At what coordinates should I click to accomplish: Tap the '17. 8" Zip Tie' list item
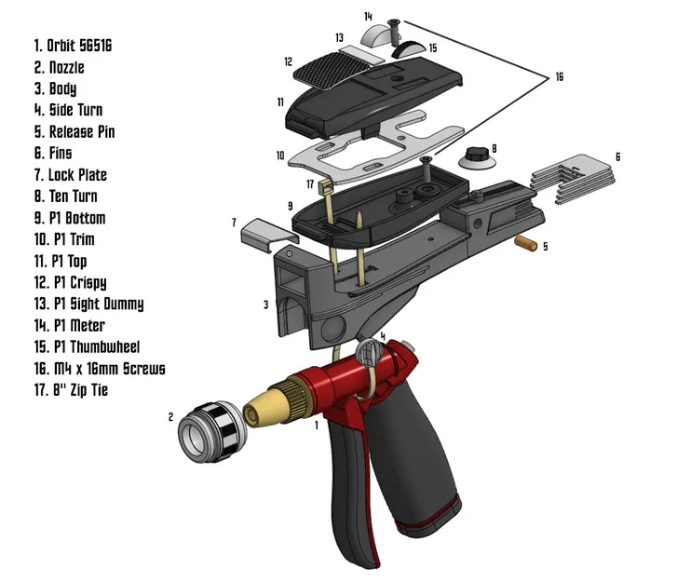[x=71, y=390]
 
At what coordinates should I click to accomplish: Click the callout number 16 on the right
[x=559, y=77]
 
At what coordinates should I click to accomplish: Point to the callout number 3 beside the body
[x=264, y=305]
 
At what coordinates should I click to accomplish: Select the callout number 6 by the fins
[x=616, y=156]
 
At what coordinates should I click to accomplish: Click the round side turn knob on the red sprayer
[x=371, y=354]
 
